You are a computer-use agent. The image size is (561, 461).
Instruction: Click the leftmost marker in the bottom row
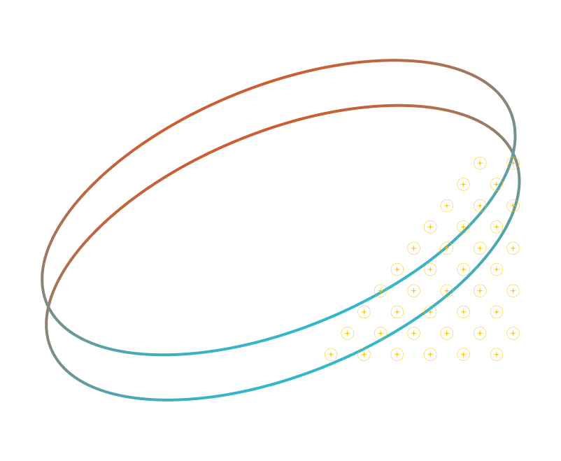tap(331, 355)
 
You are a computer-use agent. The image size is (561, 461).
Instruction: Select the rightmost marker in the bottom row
tap(497, 355)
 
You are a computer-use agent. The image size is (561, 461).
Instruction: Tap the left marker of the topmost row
tap(480, 163)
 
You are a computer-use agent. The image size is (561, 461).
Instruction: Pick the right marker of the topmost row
tap(513, 163)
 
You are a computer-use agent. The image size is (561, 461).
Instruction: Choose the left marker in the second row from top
tap(463, 185)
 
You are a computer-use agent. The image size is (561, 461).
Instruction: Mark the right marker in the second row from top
tap(497, 185)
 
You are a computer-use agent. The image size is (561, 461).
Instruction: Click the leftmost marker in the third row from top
tap(446, 206)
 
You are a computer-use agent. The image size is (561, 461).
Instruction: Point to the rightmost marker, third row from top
tap(513, 206)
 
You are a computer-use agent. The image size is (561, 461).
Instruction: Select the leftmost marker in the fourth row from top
tap(430, 227)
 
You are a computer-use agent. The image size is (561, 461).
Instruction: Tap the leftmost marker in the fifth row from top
tap(413, 248)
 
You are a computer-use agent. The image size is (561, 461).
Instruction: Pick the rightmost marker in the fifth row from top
tap(513, 248)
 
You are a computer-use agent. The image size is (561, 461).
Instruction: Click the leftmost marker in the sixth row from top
tap(397, 269)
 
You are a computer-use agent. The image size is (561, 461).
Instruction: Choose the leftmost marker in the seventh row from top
tap(381, 290)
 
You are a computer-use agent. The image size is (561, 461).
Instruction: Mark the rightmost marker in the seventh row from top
tap(513, 290)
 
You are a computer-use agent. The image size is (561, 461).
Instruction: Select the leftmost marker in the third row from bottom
tap(364, 312)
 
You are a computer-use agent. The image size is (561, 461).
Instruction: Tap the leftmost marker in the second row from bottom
tap(347, 333)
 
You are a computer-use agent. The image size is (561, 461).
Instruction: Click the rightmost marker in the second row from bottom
tap(513, 333)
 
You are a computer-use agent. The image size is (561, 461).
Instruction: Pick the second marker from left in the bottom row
tap(364, 355)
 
